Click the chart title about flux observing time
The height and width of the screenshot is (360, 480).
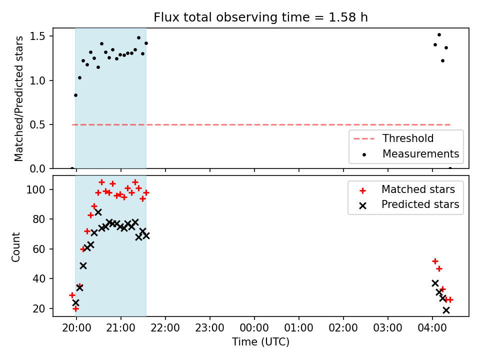click(260, 17)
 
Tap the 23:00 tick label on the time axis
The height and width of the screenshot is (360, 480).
click(209, 328)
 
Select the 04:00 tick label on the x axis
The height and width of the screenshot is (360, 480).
click(432, 328)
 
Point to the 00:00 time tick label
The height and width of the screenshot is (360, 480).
click(254, 328)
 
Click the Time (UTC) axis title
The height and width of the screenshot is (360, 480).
click(260, 341)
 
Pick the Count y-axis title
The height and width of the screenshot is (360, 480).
click(15, 246)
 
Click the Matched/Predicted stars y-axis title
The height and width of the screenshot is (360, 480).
click(18, 98)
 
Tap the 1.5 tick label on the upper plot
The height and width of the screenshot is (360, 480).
click(37, 36)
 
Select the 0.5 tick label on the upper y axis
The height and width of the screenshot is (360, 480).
click(37, 124)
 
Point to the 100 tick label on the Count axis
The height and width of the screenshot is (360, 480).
click(35, 189)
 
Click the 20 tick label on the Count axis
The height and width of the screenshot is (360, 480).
click(39, 308)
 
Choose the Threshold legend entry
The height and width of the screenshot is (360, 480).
click(393, 138)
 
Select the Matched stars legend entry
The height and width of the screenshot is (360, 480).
click(407, 189)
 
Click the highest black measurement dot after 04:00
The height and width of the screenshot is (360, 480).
click(439, 35)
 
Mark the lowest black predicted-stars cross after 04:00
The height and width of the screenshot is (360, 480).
click(446, 310)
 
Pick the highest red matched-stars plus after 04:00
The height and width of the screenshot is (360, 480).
click(435, 261)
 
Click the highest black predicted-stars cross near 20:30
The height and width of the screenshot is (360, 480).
click(98, 212)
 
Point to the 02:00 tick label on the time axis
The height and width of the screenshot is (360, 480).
click(343, 328)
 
